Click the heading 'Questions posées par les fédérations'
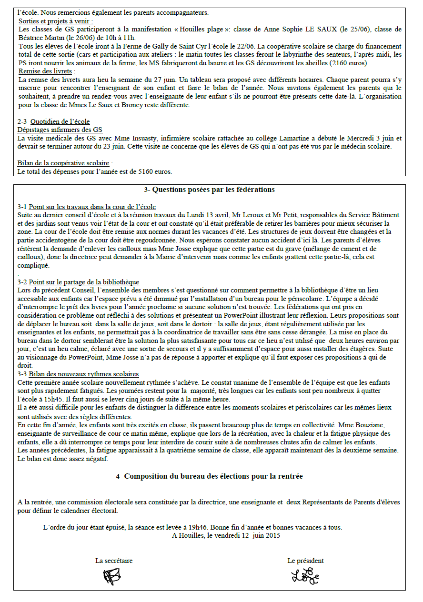point(209,190)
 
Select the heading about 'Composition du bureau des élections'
point(209,476)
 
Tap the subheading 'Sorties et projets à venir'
point(56,21)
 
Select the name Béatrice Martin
point(40,38)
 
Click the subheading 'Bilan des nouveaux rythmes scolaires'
point(83,374)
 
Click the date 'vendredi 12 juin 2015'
point(243,535)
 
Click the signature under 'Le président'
point(305,576)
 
